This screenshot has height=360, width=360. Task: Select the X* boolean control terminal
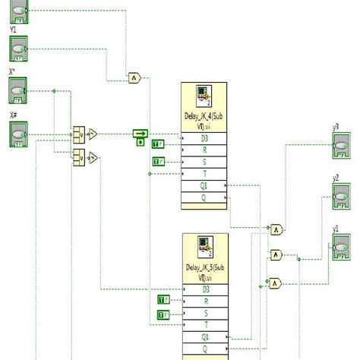pyautogui.click(x=18, y=92)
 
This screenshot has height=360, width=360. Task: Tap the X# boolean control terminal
pyautogui.click(x=18, y=134)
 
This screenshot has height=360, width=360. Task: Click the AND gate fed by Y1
pyautogui.click(x=134, y=77)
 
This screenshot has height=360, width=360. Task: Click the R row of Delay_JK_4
pyautogui.click(x=204, y=150)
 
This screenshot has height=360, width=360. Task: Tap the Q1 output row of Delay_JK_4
pyautogui.click(x=204, y=185)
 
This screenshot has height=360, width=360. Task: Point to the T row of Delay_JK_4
pyautogui.click(x=204, y=173)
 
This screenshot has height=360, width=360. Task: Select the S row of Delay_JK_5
pyautogui.click(x=204, y=312)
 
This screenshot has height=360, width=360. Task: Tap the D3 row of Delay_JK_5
pyautogui.click(x=204, y=289)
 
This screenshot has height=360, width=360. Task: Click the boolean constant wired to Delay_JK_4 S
pyautogui.click(x=158, y=161)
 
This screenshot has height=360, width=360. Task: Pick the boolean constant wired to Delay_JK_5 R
pyautogui.click(x=163, y=300)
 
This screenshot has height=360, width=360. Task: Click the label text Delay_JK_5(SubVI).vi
pyautogui.click(x=204, y=271)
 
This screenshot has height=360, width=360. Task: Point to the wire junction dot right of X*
pyautogui.click(x=55, y=91)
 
